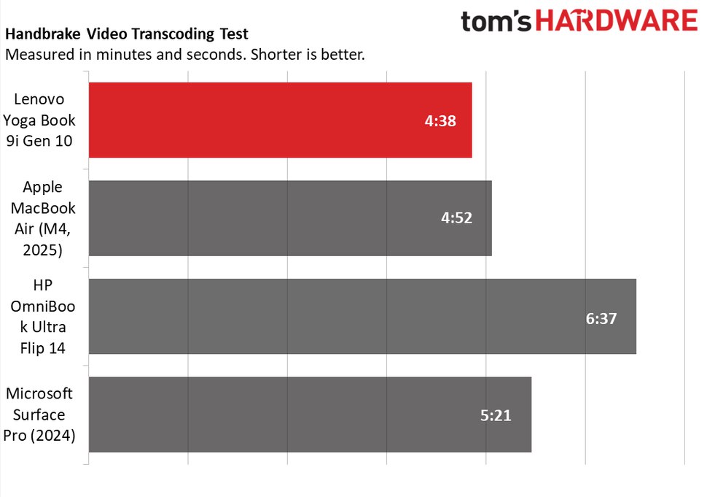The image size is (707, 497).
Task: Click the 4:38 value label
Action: click(440, 121)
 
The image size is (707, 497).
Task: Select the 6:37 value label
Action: click(601, 318)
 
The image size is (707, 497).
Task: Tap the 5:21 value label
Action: click(496, 416)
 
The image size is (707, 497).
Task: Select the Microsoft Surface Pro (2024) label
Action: click(41, 415)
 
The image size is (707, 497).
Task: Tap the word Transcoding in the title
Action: click(168, 34)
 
